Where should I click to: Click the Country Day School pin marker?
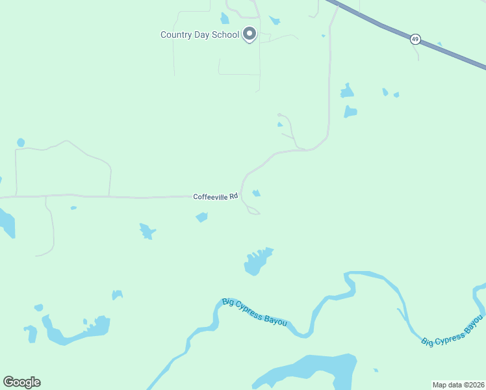(x=249, y=34)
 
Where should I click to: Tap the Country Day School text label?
(x=200, y=35)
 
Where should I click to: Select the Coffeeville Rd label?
(x=216, y=196)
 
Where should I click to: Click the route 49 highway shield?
(x=415, y=40)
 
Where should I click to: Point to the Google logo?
(x=21, y=382)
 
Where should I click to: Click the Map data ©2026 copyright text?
(x=458, y=385)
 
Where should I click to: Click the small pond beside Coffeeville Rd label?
(x=257, y=193)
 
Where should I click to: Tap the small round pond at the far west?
(x=21, y=142)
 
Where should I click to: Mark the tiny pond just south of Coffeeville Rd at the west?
(x=73, y=208)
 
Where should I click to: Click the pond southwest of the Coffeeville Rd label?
(x=201, y=217)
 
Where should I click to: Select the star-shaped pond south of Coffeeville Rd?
(x=147, y=231)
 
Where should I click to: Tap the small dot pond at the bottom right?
(x=376, y=370)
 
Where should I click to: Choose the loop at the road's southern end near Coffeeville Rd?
(x=253, y=211)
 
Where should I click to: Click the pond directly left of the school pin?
(x=225, y=18)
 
